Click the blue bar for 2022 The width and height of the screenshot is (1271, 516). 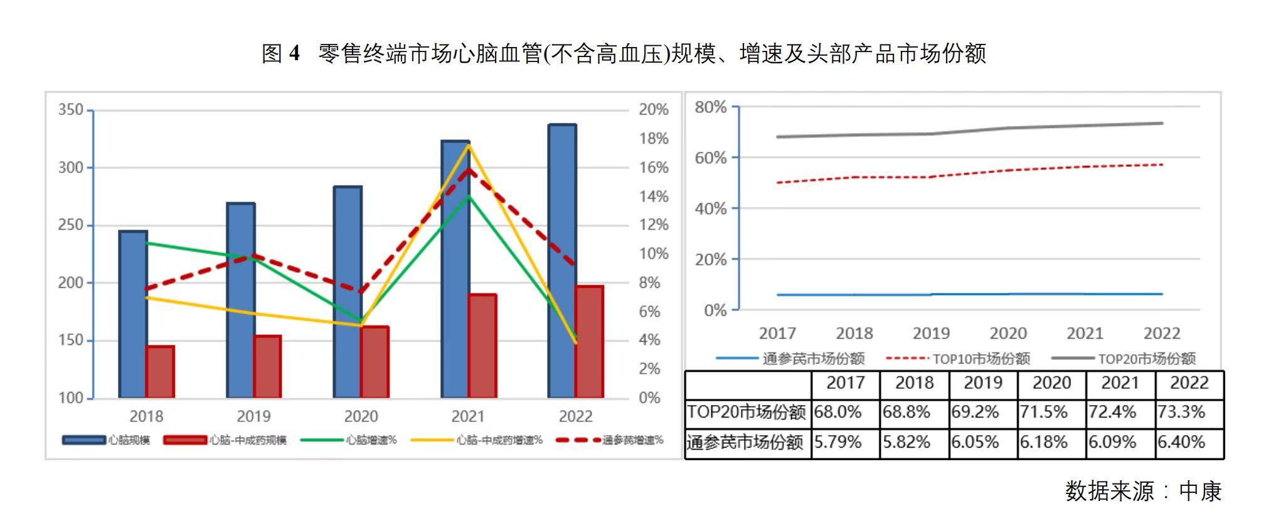(561, 260)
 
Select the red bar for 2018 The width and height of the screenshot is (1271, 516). (160, 372)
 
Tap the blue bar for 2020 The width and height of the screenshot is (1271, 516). (347, 292)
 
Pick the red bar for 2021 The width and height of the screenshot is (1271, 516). (482, 345)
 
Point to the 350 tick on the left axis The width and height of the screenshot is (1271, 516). (71, 110)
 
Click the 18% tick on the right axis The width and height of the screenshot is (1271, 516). (653, 139)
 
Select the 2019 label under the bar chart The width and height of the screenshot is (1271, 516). (253, 416)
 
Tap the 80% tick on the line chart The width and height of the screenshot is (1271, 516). (710, 107)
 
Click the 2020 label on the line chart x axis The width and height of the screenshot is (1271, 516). (1008, 334)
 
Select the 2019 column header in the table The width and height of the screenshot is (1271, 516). (982, 383)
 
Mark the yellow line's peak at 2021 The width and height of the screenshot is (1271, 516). (468, 145)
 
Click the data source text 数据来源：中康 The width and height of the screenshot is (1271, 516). (1143, 491)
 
